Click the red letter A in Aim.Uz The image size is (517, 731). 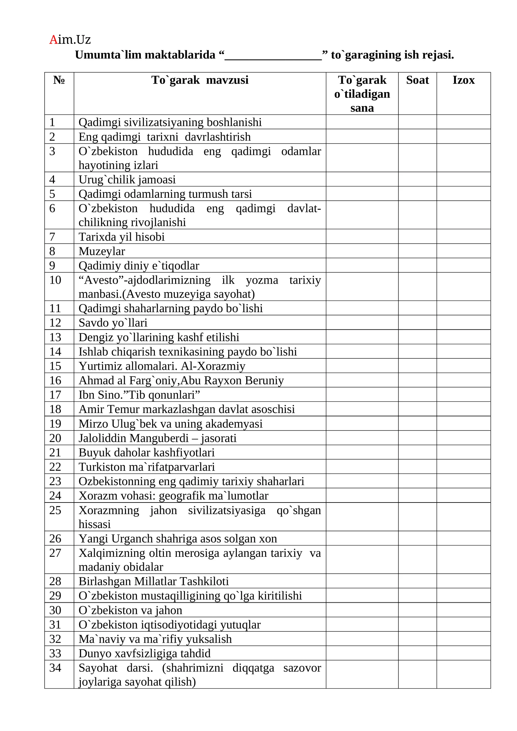tap(53, 40)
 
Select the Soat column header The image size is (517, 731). tap(417, 80)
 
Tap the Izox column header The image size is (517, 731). tap(463, 80)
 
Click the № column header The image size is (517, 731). tap(59, 80)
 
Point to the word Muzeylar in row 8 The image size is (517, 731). tap(102, 251)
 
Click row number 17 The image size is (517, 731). tap(55, 395)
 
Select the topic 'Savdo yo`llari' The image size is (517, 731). tap(113, 323)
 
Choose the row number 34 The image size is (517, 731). tap(55, 668)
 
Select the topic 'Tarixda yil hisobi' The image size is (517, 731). tap(121, 237)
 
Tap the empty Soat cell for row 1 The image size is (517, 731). tap(417, 122)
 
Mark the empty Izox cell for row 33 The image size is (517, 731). tap(463, 653)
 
